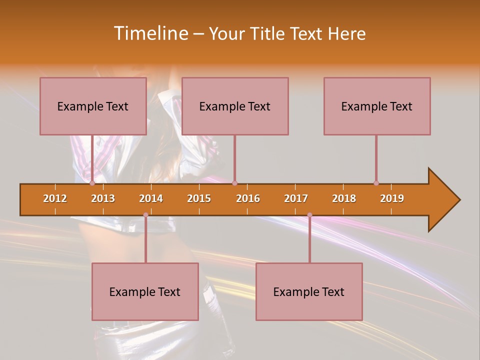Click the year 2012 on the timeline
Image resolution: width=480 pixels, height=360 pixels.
pos(55,198)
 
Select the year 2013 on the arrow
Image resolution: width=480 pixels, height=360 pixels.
pos(103,198)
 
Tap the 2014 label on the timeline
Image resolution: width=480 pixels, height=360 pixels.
pos(151,198)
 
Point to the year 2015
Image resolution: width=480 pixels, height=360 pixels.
pos(199,198)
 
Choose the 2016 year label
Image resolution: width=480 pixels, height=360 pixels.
pos(248,198)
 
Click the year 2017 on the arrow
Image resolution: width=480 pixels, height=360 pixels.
pos(296,198)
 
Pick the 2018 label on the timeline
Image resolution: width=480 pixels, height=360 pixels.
pos(344,198)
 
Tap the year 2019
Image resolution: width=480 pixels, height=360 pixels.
pos(392,198)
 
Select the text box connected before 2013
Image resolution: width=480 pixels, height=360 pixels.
pos(93,106)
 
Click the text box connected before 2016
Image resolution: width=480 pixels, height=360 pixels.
pos(235,106)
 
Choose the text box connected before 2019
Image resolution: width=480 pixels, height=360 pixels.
pos(377,106)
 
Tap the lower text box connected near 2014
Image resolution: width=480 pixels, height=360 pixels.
pos(145,291)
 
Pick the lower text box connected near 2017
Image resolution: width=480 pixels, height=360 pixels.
pos(309,291)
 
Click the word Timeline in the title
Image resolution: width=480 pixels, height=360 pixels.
pos(150,33)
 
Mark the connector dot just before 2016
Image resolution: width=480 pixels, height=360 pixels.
pos(234,183)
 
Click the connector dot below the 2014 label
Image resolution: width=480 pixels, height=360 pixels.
pos(145,215)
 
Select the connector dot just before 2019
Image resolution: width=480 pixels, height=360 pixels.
pos(376,183)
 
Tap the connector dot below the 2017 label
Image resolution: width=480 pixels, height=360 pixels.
pos(309,215)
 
